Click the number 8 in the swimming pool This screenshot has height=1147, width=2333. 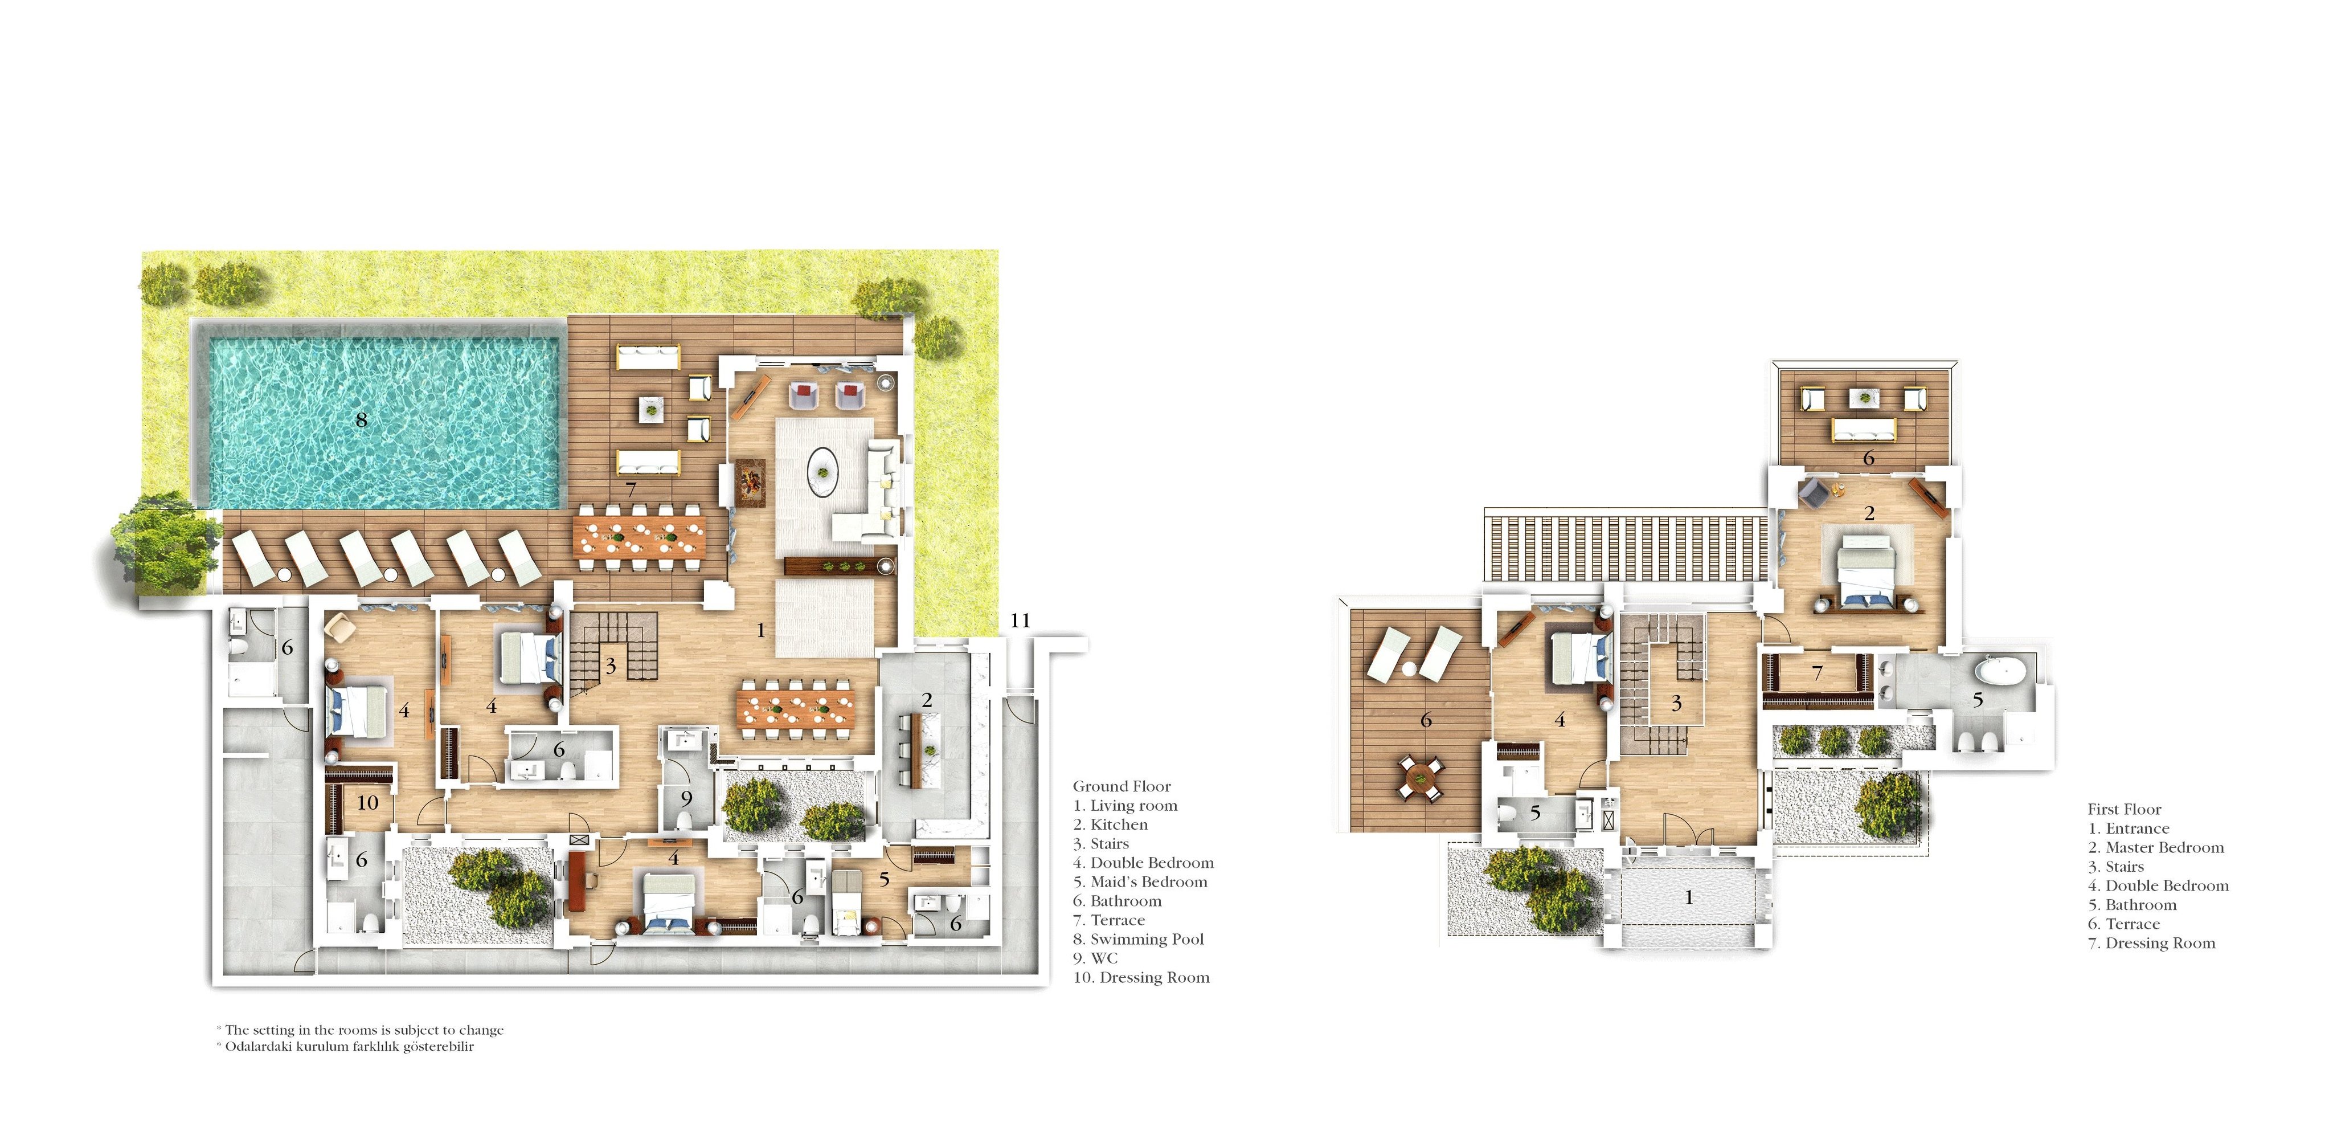click(361, 419)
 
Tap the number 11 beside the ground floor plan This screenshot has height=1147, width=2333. click(1021, 621)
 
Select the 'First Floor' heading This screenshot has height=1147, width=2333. click(2125, 809)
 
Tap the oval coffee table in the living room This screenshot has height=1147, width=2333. click(822, 471)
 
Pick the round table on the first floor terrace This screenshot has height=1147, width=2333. click(1420, 777)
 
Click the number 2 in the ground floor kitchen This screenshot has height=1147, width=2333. click(927, 700)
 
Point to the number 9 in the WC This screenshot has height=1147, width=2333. click(686, 799)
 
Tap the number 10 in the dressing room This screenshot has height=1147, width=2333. click(368, 803)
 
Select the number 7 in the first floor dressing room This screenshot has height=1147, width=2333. click(1817, 673)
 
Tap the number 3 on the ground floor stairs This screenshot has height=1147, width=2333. click(611, 667)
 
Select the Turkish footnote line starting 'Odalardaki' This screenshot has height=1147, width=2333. click(346, 1047)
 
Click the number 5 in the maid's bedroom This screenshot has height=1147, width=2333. click(884, 879)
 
